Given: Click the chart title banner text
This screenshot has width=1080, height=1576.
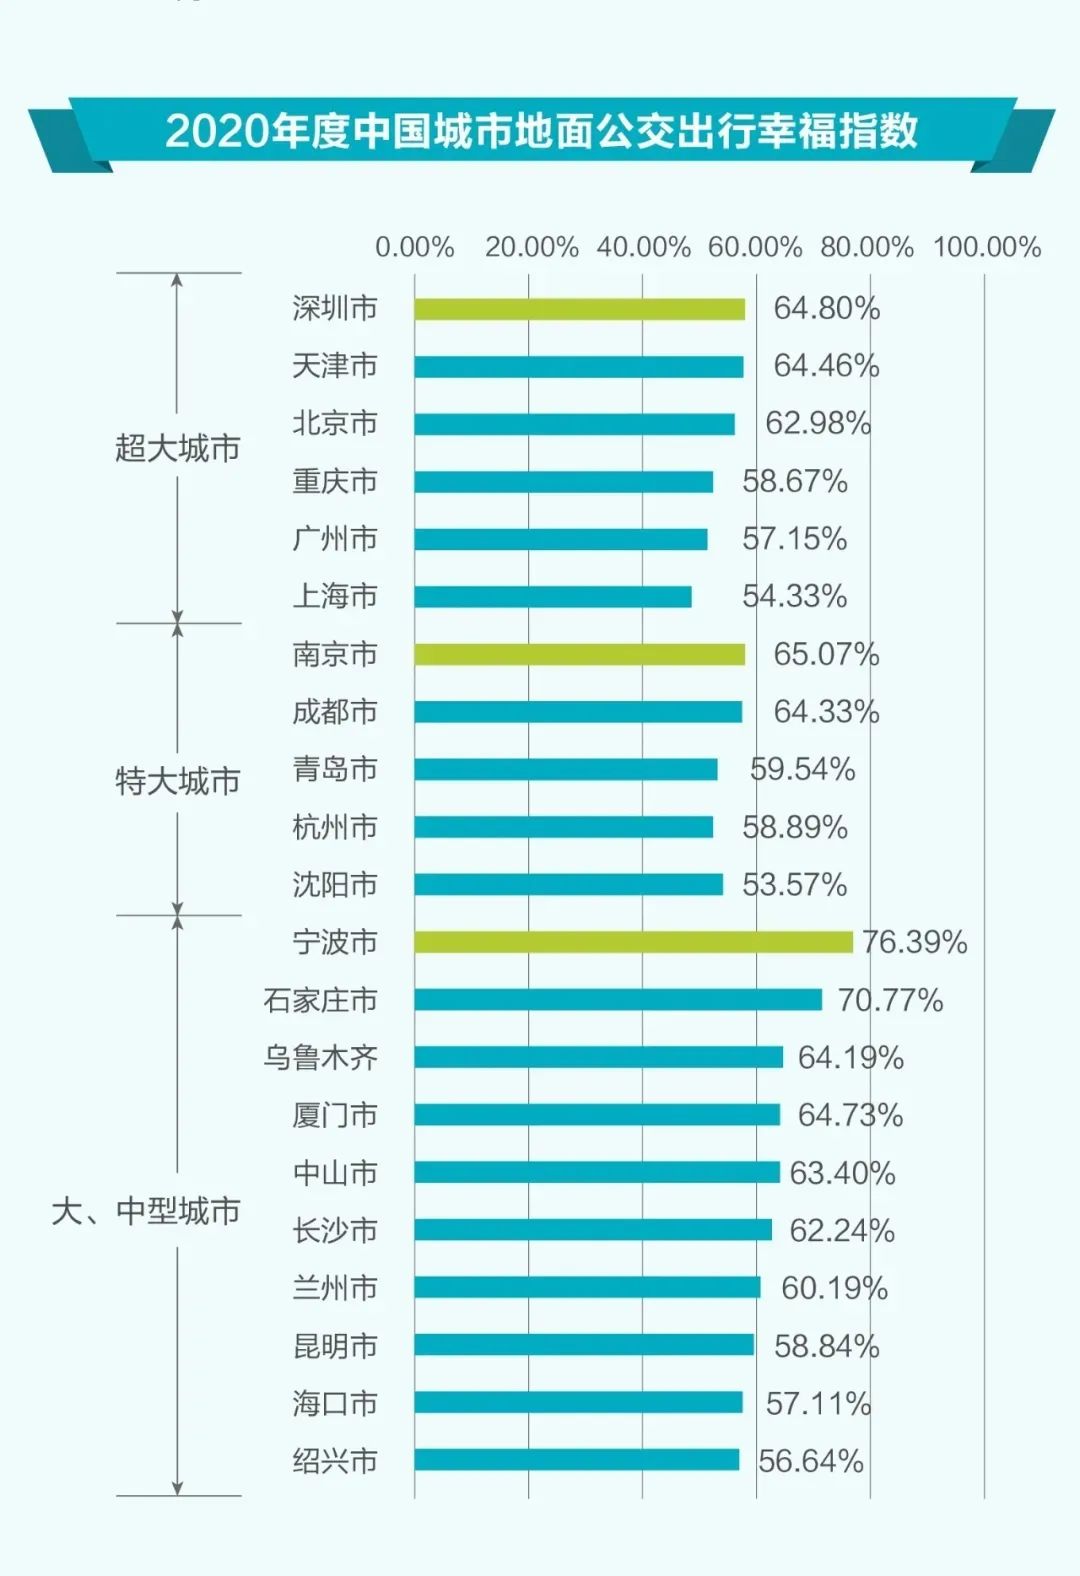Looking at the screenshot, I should pyautogui.click(x=541, y=131).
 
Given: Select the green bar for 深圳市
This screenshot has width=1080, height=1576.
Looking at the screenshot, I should pyautogui.click(x=580, y=309).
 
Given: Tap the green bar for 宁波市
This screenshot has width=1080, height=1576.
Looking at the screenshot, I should pyautogui.click(x=633, y=942).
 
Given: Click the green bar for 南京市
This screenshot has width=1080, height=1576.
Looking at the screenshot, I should pyautogui.click(x=580, y=655).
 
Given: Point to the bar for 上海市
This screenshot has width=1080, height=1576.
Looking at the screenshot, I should pyautogui.click(x=553, y=597).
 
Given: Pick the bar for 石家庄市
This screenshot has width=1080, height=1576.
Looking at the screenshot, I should pyautogui.click(x=618, y=1000).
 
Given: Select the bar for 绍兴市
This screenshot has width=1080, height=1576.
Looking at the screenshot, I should pyautogui.click(x=577, y=1460).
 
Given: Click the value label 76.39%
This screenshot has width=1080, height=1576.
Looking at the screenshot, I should pyautogui.click(x=915, y=942).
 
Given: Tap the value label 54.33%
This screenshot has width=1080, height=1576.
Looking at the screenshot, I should pyautogui.click(x=794, y=597).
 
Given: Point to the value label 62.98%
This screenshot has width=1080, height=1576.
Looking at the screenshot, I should pyautogui.click(x=818, y=424).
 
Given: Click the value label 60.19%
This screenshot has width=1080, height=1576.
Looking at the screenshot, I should pyautogui.click(x=834, y=1288).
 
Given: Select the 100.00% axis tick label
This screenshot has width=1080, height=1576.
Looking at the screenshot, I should pyautogui.click(x=987, y=247).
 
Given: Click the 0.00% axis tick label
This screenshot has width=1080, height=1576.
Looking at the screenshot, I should pyautogui.click(x=415, y=247).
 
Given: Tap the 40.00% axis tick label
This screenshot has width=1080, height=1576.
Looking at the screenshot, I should pyautogui.click(x=644, y=247).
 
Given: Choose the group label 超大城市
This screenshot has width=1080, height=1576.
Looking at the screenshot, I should pyautogui.click(x=177, y=448).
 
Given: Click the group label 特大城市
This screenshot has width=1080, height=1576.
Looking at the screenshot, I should pyautogui.click(x=177, y=781).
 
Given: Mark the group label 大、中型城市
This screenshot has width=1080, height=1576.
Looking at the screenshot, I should pyautogui.click(x=146, y=1211).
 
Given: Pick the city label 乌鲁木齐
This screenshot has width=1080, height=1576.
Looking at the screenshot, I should pyautogui.click(x=320, y=1058).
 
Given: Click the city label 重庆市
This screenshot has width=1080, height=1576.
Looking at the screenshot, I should pyautogui.click(x=335, y=482).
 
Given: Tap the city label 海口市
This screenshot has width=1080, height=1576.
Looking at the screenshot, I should pyautogui.click(x=335, y=1403).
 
